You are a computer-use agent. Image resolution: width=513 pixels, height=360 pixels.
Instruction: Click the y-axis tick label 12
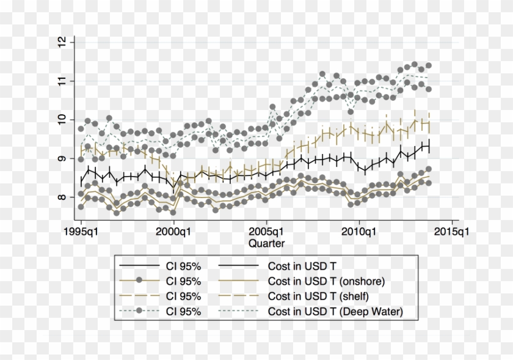tap(60, 42)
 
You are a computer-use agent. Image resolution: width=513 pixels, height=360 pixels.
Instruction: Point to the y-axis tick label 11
tap(60, 81)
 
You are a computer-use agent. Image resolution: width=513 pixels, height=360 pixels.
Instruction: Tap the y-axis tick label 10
tap(60, 120)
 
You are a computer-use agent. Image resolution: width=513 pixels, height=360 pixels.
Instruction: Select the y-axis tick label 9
tap(60, 159)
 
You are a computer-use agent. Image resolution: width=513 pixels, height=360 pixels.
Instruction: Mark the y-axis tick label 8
tap(60, 197)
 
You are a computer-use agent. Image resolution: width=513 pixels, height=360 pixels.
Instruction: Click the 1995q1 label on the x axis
tap(81, 232)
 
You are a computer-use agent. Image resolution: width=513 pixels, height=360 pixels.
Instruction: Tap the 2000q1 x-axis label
tap(173, 232)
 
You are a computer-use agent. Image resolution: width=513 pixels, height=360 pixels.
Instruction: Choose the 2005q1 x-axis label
tap(266, 232)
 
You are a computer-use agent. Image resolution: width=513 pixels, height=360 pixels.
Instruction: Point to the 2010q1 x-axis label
tap(359, 232)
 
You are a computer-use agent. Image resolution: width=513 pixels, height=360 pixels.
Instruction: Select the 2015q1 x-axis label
tap(452, 232)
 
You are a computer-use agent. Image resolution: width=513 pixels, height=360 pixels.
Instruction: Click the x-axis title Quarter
tap(266, 243)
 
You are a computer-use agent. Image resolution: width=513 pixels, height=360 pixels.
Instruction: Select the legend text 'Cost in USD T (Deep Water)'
tap(335, 312)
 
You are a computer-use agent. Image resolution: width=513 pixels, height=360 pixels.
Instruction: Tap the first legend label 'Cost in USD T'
tap(302, 266)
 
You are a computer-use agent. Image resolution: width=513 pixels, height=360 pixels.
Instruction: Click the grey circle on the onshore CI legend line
tap(140, 281)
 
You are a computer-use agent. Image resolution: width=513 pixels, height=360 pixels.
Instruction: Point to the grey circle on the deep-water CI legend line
tap(140, 312)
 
